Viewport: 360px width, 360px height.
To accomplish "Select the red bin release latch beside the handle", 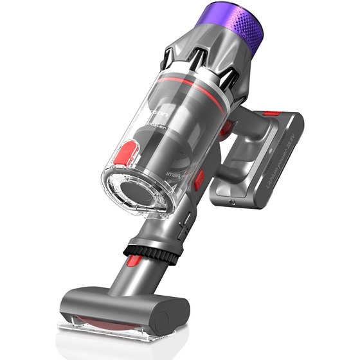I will tap(199, 176).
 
